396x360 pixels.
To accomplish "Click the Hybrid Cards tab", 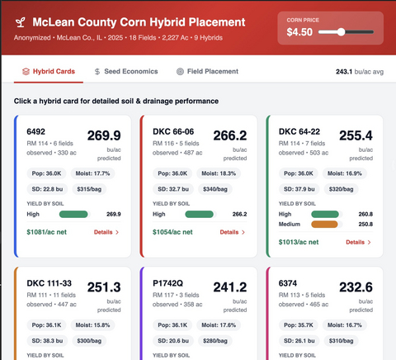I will (49, 72).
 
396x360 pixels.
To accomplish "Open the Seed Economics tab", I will (125, 72).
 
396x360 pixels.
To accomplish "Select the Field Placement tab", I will (207, 72).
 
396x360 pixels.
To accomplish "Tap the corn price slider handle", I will (341, 32).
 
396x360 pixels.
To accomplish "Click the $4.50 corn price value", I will (300, 32).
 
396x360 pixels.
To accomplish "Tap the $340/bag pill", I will (216, 189).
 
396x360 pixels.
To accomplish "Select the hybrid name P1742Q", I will (167, 283).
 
